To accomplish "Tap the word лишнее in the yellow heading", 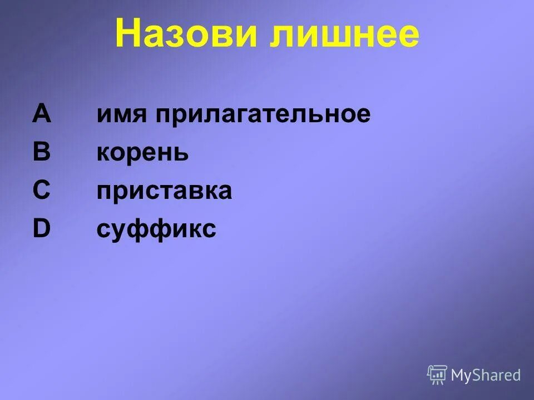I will pos(344,34).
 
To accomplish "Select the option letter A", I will pos(42,114).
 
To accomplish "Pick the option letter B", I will pos(42,152).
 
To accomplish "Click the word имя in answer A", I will pos(122,115).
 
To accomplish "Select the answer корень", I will pos(142,153).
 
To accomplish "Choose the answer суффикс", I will pos(156,230).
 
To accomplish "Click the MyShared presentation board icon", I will pos(437,375).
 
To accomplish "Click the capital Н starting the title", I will pos(128,34).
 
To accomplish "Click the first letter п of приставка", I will pos(104,192).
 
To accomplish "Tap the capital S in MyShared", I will pos(476,376).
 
